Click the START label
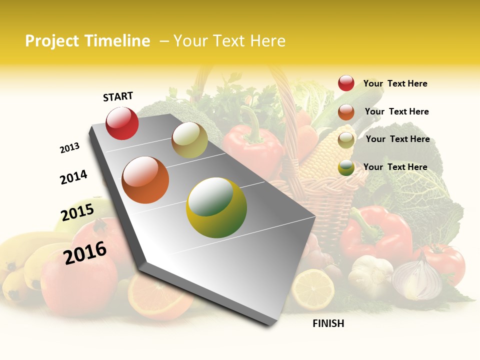[118, 96]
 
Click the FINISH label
[328, 323]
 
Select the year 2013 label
[69, 148]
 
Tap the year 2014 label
[73, 177]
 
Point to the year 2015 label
[77, 212]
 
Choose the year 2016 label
[85, 252]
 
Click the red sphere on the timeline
[122, 123]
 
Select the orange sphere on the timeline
[145, 179]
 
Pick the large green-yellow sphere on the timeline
[216, 207]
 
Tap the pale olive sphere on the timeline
[189, 140]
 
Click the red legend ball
[346, 83]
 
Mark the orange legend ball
[346, 112]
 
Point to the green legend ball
[346, 167]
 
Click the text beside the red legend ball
[395, 83]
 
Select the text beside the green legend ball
[395, 167]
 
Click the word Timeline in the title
[117, 41]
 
